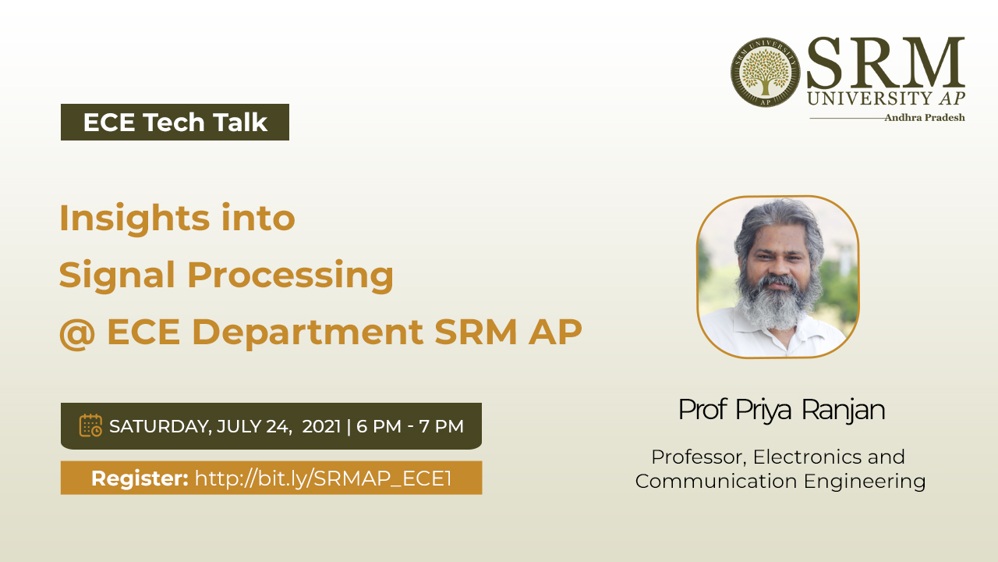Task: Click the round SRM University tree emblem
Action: pyautogui.click(x=765, y=73)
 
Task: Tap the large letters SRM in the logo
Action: pyautogui.click(x=886, y=63)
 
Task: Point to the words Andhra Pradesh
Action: pyautogui.click(x=925, y=118)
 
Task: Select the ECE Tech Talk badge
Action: pyautogui.click(x=175, y=123)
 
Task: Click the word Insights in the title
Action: pyautogui.click(x=135, y=219)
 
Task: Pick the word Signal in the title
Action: pyautogui.click(x=117, y=276)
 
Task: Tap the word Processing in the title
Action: pyautogui.click(x=291, y=276)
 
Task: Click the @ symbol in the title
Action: pyautogui.click(x=77, y=333)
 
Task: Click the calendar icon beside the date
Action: pyautogui.click(x=90, y=425)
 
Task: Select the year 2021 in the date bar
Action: pyautogui.click(x=321, y=426)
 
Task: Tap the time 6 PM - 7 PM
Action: pyautogui.click(x=410, y=426)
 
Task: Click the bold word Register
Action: pyautogui.click(x=140, y=478)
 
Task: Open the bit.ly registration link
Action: pyautogui.click(x=324, y=478)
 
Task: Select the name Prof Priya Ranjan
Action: pyautogui.click(x=781, y=411)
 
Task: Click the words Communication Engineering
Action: pyautogui.click(x=780, y=482)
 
